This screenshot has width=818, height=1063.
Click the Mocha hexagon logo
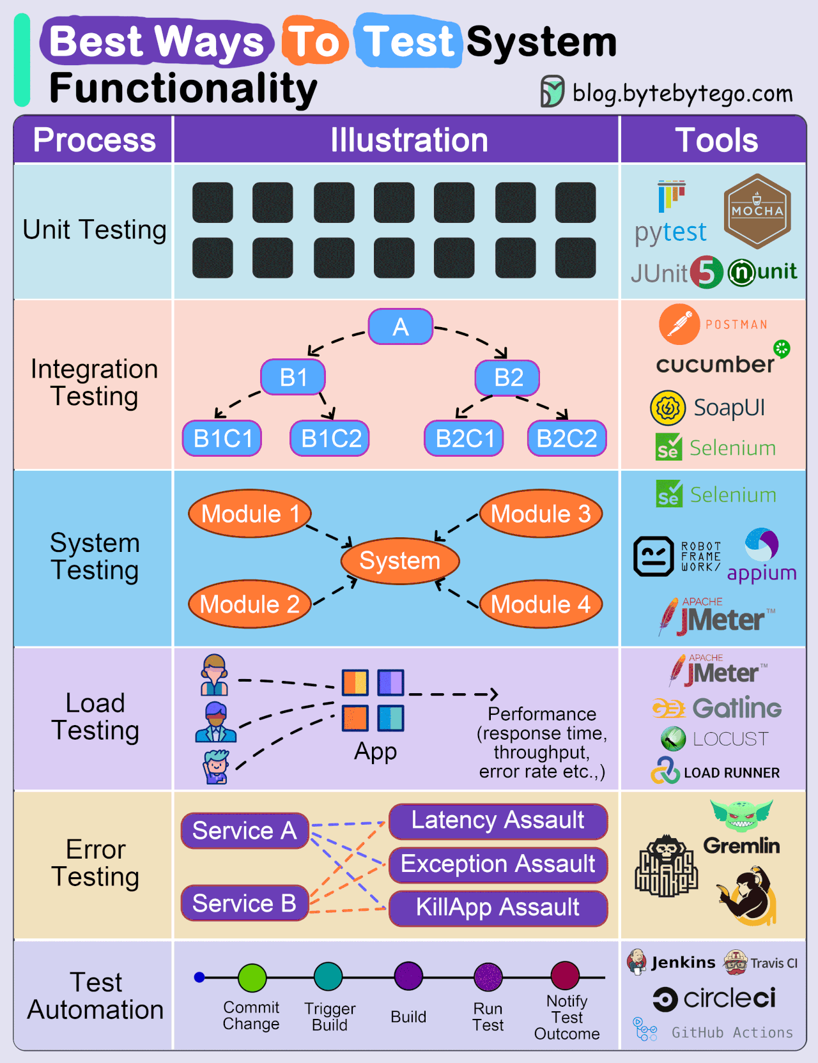[x=757, y=211]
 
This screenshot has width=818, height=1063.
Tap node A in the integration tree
[x=401, y=327]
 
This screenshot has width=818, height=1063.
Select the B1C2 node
[x=330, y=438]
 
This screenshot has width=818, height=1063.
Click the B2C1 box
[x=464, y=438]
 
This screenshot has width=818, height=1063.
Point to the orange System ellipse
[x=400, y=561]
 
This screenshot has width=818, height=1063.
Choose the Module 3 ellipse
[x=541, y=514]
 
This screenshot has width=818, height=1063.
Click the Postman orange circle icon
[x=679, y=324]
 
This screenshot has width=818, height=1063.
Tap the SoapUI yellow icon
[x=668, y=408]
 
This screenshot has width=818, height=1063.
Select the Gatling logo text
[x=737, y=708]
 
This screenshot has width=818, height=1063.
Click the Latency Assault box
[x=498, y=821]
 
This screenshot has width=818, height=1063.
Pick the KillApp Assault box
[x=498, y=908]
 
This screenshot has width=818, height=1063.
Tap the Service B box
[x=245, y=903]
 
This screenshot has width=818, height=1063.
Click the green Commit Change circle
[x=252, y=977]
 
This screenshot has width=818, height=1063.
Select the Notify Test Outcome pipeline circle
[x=565, y=975]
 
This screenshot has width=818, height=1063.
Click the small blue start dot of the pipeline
[x=199, y=977]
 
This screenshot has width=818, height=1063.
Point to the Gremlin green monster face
[x=741, y=815]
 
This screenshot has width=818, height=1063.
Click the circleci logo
[x=714, y=998]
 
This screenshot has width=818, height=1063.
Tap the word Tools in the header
[x=716, y=141]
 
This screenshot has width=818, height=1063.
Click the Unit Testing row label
[x=95, y=230]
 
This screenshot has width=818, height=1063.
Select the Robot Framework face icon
[x=653, y=556]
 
